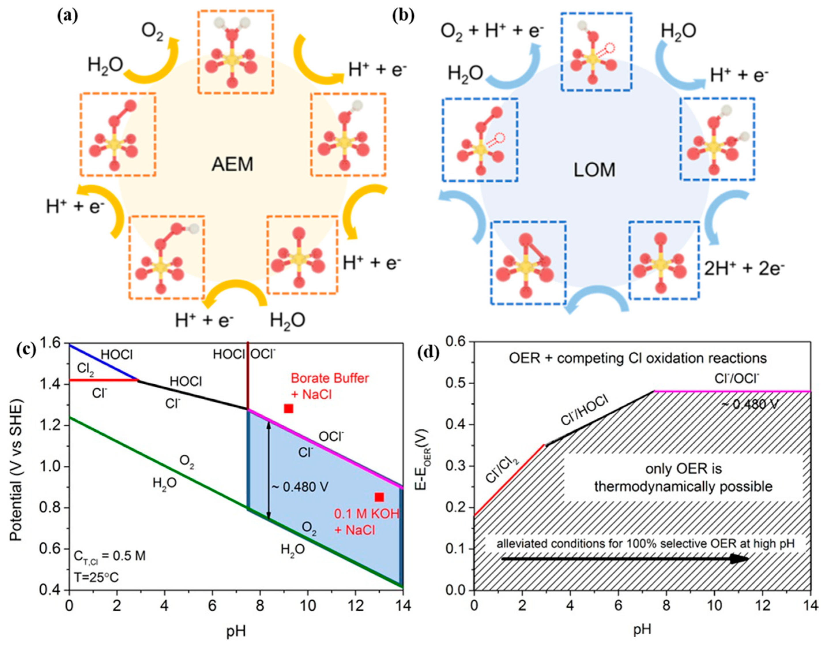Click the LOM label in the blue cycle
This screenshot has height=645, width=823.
click(595, 170)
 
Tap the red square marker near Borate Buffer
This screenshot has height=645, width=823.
click(289, 409)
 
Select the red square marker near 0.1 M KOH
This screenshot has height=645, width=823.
click(379, 497)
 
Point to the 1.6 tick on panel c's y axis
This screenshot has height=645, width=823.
click(53, 344)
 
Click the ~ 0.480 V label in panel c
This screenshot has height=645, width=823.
click(300, 487)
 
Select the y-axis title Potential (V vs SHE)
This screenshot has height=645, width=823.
click(16, 467)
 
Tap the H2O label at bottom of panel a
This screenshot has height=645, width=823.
click(288, 321)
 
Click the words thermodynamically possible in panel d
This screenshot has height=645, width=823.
click(683, 486)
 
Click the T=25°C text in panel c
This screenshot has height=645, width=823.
click(96, 578)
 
